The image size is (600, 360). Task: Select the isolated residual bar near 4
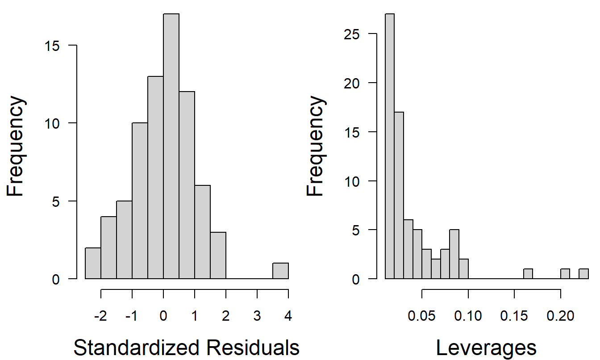[280, 271]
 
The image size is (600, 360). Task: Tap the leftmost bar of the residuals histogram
[93, 263]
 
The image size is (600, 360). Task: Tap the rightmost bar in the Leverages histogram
[584, 274]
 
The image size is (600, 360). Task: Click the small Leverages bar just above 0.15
[528, 274]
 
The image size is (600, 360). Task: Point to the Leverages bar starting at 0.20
[565, 274]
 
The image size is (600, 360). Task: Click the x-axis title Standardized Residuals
[186, 347]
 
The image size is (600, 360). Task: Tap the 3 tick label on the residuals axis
[257, 316]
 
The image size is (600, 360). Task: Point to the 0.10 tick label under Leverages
[468, 316]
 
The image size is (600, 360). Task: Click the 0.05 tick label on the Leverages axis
[421, 316]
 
